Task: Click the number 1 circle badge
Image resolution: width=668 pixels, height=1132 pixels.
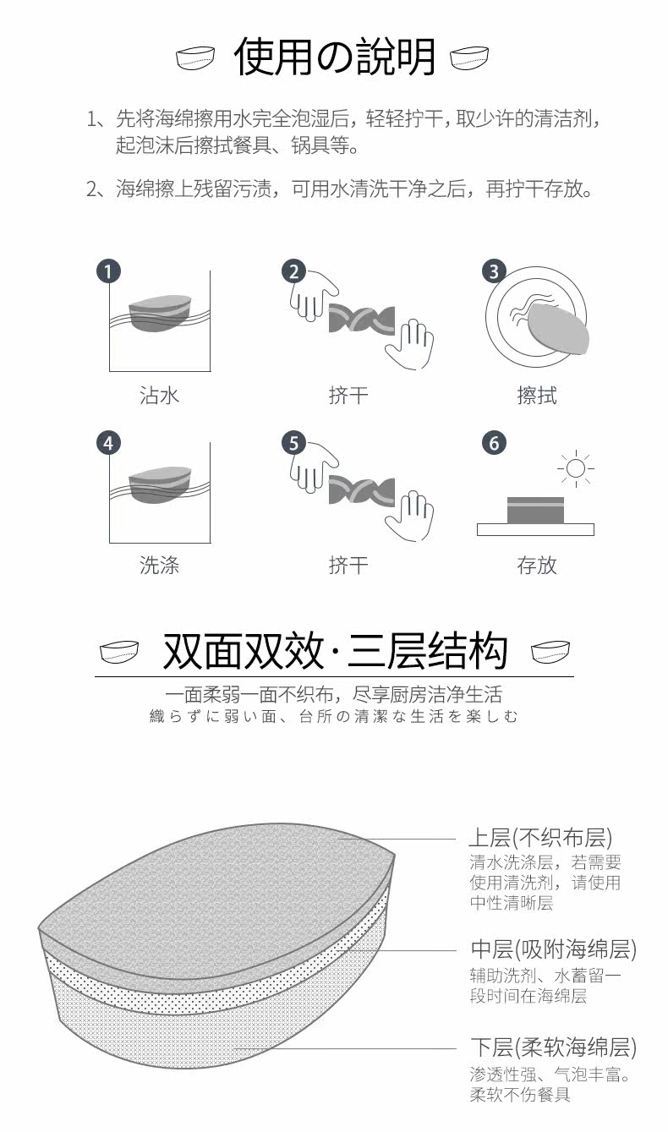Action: [x=108, y=271]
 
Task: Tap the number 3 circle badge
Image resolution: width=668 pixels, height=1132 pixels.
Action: [x=494, y=271]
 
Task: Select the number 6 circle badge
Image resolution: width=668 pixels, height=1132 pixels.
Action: [x=494, y=443]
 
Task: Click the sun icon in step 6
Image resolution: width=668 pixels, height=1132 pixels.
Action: [x=576, y=468]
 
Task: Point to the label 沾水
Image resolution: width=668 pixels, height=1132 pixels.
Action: [x=159, y=395]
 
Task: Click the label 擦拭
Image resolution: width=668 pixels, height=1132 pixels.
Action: [x=537, y=395]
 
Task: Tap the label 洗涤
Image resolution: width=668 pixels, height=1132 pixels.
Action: [x=159, y=565]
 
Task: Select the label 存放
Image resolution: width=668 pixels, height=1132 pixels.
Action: [x=537, y=565]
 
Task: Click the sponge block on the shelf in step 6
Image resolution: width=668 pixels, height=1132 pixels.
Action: [x=535, y=511]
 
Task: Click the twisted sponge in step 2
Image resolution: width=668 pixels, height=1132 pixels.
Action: [x=362, y=320]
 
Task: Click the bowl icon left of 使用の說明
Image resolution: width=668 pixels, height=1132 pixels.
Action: [x=195, y=57]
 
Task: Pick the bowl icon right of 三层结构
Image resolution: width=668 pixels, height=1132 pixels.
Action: [x=550, y=651]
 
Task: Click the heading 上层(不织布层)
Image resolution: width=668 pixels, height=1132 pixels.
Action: [x=540, y=838]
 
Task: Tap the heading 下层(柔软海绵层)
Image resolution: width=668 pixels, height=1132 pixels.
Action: [x=553, y=1047]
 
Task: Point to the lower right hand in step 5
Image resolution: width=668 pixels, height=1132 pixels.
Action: [x=410, y=516]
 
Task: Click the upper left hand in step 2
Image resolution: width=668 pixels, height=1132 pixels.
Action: [x=313, y=296]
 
